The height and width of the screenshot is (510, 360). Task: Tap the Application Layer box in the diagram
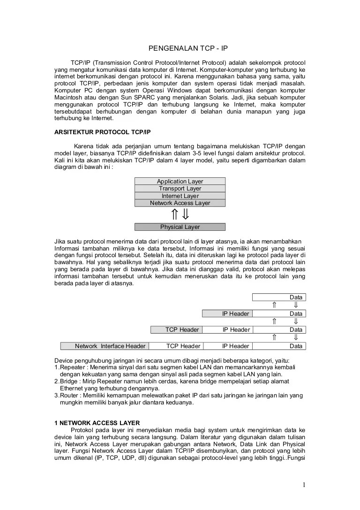[x=180, y=181]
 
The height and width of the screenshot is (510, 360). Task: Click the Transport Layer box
[x=180, y=189]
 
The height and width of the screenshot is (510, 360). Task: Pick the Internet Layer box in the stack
[x=180, y=196]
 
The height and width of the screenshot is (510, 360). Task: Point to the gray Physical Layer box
[x=180, y=227]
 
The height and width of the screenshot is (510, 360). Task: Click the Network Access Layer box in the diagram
[x=180, y=203]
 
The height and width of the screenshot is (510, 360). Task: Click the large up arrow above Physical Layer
[x=174, y=214]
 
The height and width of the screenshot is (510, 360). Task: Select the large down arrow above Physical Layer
[x=186, y=214]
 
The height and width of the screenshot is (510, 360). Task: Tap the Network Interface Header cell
[x=105, y=346]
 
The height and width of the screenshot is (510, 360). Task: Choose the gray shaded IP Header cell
[x=227, y=313]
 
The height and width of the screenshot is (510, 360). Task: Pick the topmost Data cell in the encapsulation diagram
[x=279, y=297]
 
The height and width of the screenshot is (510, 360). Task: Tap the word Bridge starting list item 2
[x=69, y=381]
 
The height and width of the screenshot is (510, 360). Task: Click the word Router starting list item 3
[x=69, y=396]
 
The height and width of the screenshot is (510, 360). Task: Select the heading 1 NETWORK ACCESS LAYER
[x=97, y=423]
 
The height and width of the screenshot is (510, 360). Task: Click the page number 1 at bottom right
[x=304, y=485]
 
